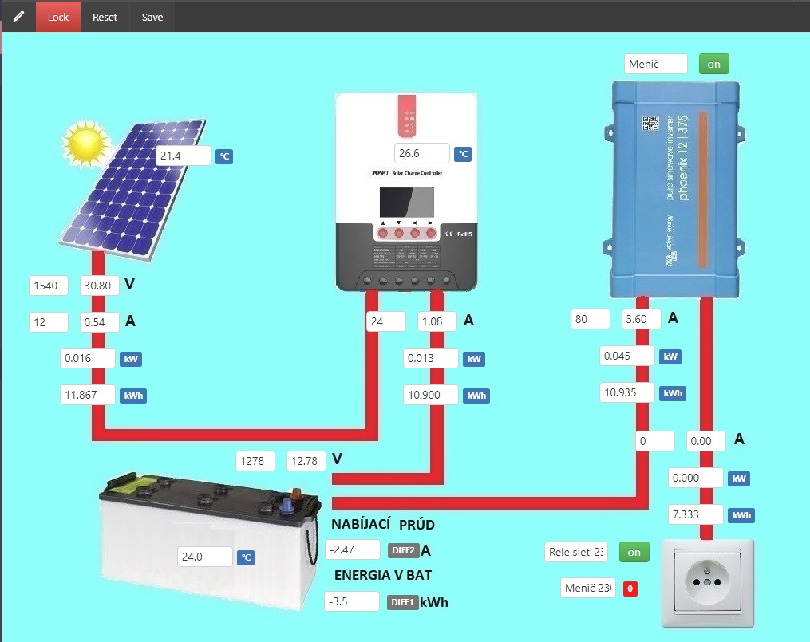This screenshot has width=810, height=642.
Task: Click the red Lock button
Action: pos(58,17)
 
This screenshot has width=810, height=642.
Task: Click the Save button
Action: pos(152,17)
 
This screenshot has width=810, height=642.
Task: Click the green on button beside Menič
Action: pos(713,64)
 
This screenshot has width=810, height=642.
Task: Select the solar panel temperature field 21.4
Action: pos(183,156)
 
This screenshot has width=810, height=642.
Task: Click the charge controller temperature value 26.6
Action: pos(421,153)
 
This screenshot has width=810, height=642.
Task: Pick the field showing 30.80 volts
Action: pos(100,286)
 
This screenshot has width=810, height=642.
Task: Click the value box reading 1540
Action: pos(49,286)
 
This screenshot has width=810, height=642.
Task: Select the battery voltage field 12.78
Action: pos(306,460)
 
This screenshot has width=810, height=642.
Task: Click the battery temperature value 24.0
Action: pos(205,557)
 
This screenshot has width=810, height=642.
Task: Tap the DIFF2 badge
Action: pos(404,550)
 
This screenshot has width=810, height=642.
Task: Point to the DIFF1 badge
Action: pos(402,602)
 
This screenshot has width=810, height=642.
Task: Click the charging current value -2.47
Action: pos(353,549)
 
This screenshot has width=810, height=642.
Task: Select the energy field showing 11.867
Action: pos(87,394)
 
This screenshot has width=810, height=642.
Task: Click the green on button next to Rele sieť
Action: pos(634,552)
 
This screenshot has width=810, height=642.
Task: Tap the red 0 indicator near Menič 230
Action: pos(630,589)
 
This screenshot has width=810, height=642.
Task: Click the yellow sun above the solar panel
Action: pos(85,142)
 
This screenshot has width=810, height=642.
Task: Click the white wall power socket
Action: pos(706,582)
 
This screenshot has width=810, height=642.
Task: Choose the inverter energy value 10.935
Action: pos(627,392)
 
